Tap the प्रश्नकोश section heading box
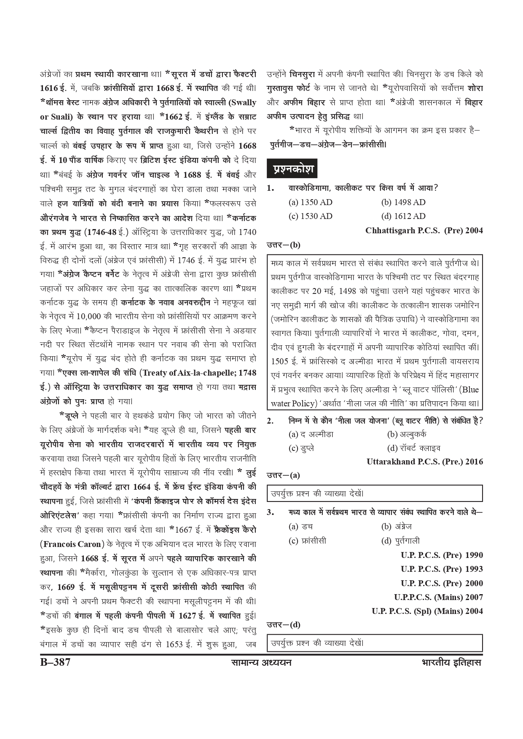pyautogui.click(x=292, y=169)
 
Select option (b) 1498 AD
pyautogui.click(x=403, y=202)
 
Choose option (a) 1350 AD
pyautogui.click(x=310, y=202)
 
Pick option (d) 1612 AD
pyautogui.click(x=403, y=216)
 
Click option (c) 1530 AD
pyautogui.click(x=310, y=216)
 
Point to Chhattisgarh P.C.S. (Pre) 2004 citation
pyautogui.click(x=424, y=230)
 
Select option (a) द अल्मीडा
pyautogui.click(x=311, y=434)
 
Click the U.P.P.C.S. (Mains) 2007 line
pyautogui.click(x=438, y=597)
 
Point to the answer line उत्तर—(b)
pyautogui.click(x=283, y=245)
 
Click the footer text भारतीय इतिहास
pyautogui.click(x=451, y=662)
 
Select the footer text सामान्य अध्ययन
pyautogui.click(x=261, y=662)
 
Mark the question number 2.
pyautogui.click(x=270, y=421)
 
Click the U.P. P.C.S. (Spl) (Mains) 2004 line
pyautogui.click(x=427, y=611)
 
